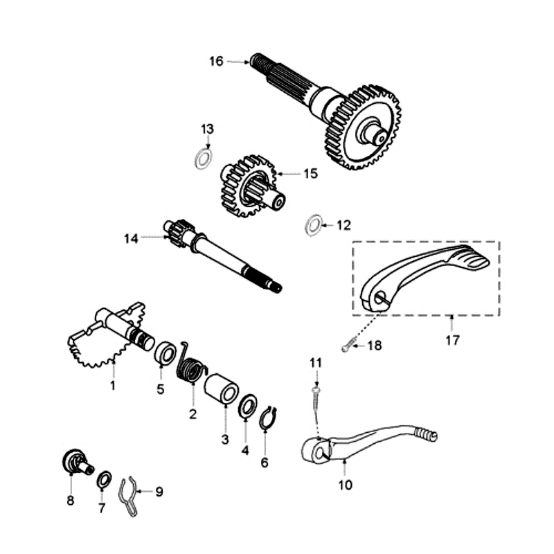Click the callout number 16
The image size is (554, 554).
(x=216, y=62)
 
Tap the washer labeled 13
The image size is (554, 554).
(x=202, y=159)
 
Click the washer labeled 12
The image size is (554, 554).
(x=312, y=224)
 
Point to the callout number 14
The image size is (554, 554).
(x=132, y=238)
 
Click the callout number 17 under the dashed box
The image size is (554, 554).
(x=452, y=340)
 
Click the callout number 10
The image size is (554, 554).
(x=345, y=485)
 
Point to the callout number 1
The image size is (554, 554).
(x=112, y=384)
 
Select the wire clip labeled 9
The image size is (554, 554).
(x=127, y=494)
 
